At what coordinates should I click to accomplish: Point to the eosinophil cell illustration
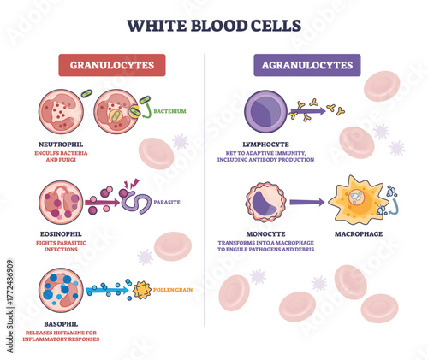tap(60, 202)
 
